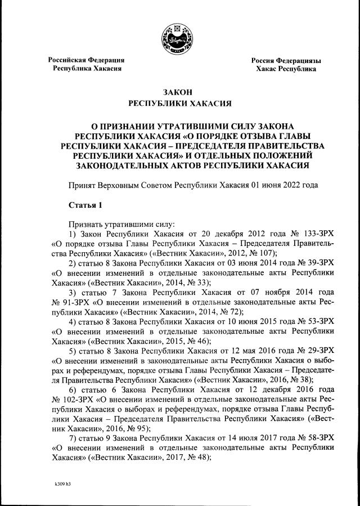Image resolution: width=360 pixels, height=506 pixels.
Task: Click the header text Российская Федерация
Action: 85,60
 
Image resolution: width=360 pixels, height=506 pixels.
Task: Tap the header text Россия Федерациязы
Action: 286,60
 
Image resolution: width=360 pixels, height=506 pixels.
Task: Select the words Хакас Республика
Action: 286,69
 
